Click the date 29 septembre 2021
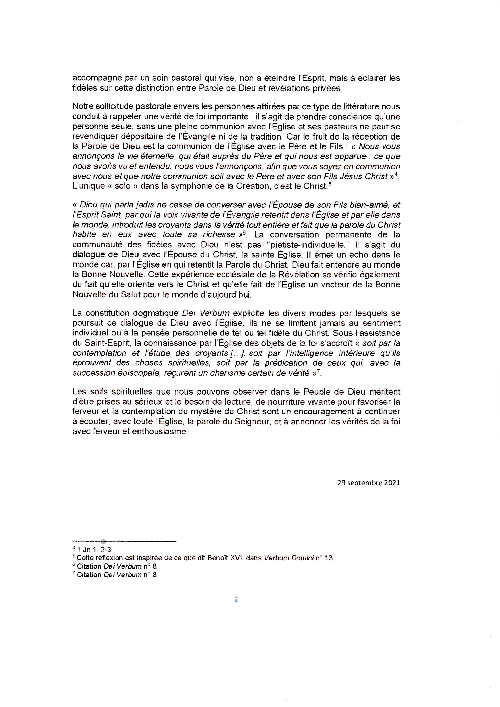369,482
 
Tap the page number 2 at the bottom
236,599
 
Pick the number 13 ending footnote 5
328,558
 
